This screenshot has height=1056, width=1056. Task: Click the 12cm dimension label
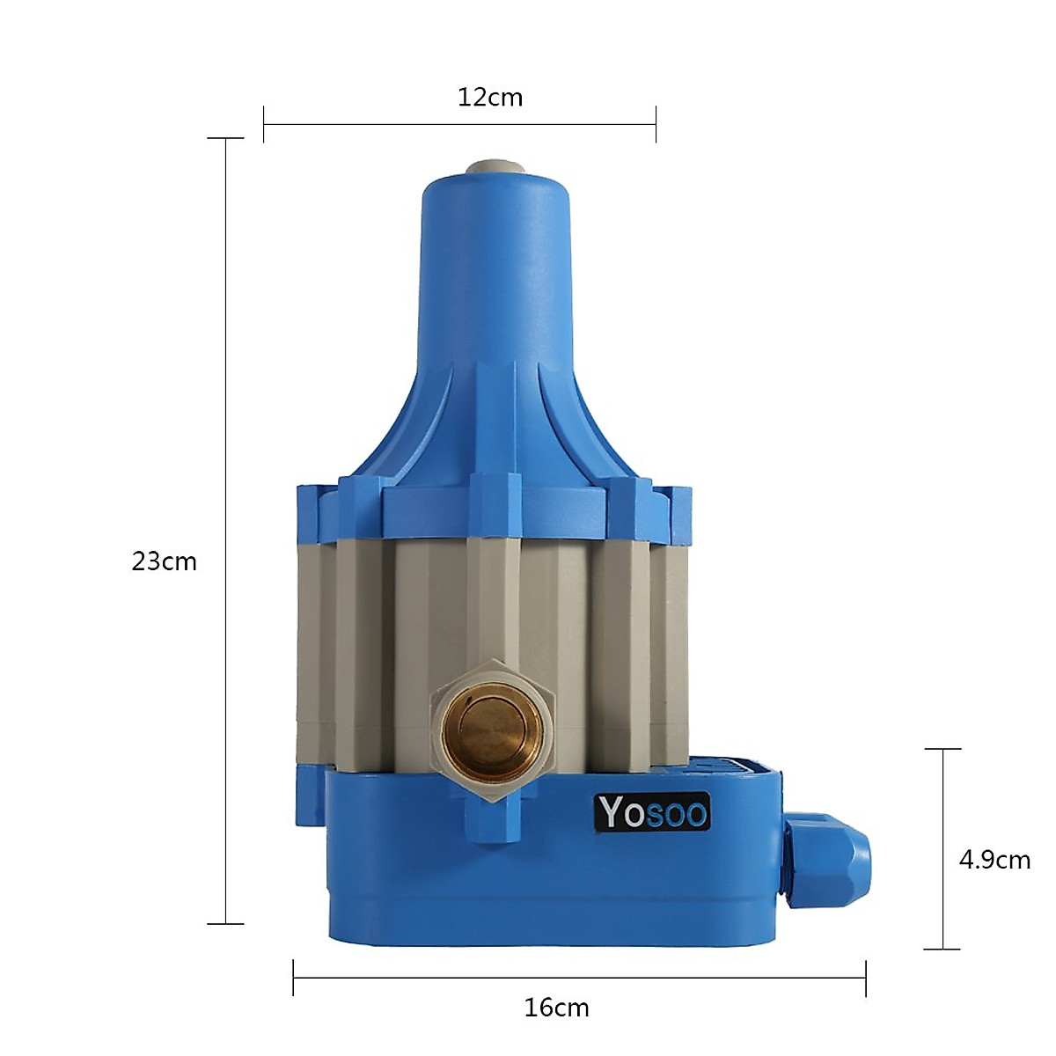coord(490,97)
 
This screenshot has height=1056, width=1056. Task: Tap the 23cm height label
coord(165,561)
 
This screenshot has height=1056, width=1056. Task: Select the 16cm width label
coord(556,1008)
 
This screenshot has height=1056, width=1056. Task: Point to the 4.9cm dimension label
coord(994,860)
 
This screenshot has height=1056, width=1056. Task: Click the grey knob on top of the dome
coord(494,166)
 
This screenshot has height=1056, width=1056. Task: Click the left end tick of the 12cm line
coord(264,124)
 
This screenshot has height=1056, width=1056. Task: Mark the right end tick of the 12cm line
coord(656,124)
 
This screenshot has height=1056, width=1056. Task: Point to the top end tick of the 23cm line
coord(226,138)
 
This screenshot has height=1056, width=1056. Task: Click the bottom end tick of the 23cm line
coord(226,924)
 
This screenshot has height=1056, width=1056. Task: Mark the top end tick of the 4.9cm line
coord(943,749)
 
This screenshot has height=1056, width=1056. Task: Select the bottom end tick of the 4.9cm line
coord(943,950)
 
